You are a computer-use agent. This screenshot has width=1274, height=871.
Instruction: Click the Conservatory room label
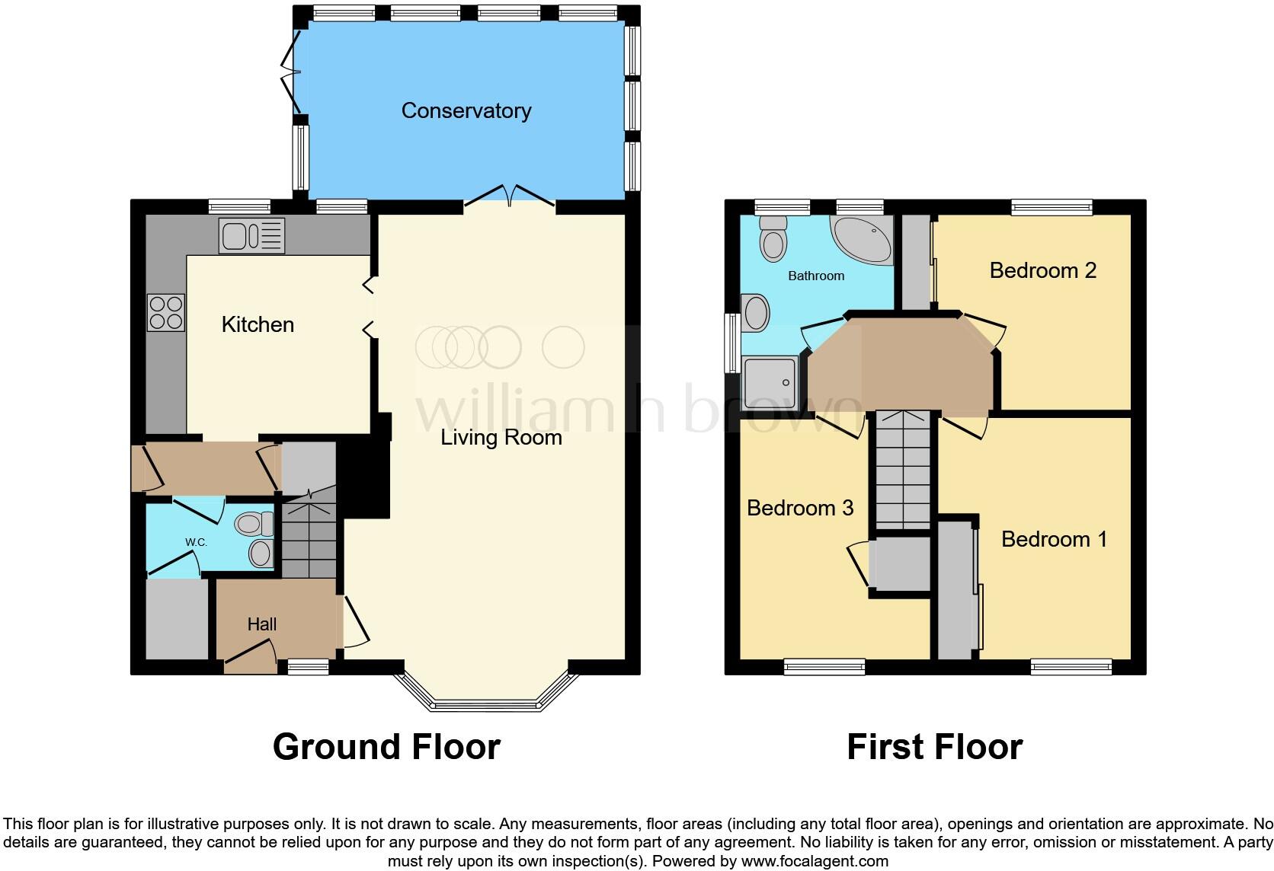(x=466, y=111)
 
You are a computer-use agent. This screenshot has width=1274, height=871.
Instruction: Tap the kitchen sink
(x=251, y=235)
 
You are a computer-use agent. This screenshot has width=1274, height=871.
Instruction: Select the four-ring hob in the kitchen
(x=166, y=313)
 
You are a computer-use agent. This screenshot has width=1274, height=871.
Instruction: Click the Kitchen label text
(x=258, y=325)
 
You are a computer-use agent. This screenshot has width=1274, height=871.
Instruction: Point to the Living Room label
(x=501, y=438)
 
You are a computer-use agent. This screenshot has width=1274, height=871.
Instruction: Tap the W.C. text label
(x=196, y=542)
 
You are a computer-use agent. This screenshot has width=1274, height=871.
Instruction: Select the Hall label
(x=261, y=624)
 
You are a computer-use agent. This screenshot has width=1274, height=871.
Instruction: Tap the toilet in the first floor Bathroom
(x=773, y=238)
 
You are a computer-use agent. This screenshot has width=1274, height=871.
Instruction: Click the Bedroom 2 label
(x=1042, y=271)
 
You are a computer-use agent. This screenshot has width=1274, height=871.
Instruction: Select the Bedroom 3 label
(x=799, y=509)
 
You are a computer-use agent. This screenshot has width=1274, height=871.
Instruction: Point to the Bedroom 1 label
(x=1054, y=540)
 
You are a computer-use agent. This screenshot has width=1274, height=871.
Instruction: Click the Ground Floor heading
(x=386, y=747)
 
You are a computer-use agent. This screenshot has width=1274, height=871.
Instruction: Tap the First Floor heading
(x=934, y=747)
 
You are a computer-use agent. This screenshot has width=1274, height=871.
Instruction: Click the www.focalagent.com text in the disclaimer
(x=815, y=862)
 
